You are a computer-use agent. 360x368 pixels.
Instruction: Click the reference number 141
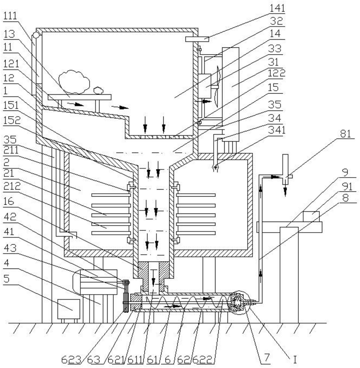click(x=277, y=8)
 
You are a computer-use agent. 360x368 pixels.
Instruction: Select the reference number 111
click(x=10, y=16)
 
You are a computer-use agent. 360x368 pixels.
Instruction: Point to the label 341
click(x=277, y=130)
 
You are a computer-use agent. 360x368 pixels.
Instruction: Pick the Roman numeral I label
click(x=295, y=359)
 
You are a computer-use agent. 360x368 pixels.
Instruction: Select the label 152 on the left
click(x=12, y=120)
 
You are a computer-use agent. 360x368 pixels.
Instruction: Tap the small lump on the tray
click(x=99, y=90)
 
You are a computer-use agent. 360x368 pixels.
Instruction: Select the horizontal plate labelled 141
click(x=197, y=39)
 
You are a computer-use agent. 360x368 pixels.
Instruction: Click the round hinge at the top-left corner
click(x=36, y=35)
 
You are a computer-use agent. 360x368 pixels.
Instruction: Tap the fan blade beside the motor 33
click(x=217, y=86)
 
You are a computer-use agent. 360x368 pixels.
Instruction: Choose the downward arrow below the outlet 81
click(x=285, y=191)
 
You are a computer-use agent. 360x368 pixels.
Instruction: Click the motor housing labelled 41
click(x=96, y=282)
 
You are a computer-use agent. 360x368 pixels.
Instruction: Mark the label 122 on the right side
click(x=277, y=73)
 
